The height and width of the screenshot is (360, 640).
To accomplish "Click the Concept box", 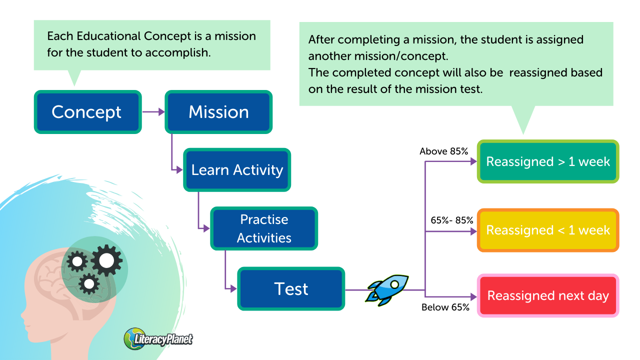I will (87, 112).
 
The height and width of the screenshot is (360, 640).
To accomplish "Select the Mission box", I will (218, 112).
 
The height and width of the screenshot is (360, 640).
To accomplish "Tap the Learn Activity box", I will (237, 170).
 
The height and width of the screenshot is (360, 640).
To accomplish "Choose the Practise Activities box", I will (264, 228).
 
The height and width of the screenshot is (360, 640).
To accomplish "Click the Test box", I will (291, 289).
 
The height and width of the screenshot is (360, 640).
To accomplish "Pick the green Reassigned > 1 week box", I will (548, 161).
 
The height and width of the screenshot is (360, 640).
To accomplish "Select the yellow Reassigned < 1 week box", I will (548, 230).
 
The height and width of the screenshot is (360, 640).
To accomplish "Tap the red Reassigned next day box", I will (548, 295).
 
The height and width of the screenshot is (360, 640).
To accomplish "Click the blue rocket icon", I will (388, 289).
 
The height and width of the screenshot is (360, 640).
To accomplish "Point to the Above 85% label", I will (443, 151).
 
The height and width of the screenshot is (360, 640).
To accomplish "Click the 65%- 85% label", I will (452, 220).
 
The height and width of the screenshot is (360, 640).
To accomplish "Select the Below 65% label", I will (445, 307).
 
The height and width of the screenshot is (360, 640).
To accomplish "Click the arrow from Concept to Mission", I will (153, 112).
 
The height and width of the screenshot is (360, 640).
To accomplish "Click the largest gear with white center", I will (106, 260).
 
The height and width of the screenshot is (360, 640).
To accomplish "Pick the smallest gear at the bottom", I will (89, 284).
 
